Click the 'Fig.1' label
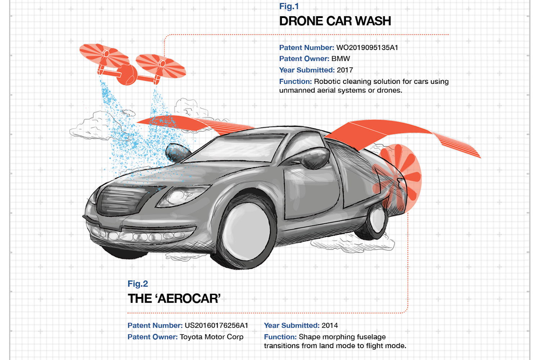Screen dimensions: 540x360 tap(289, 6)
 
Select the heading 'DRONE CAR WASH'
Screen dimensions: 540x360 tap(335, 21)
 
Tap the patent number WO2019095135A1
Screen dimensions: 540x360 tap(367, 48)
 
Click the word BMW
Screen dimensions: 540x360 tap(341, 59)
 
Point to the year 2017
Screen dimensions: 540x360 tap(345, 70)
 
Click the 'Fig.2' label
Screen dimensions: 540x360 tap(138, 284)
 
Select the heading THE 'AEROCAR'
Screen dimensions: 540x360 tap(174, 299)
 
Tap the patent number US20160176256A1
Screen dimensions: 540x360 tap(216, 325)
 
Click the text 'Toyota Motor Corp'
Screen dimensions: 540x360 tap(211, 337)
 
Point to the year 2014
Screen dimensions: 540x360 tap(329, 325)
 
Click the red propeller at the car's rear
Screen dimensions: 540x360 tap(397, 179)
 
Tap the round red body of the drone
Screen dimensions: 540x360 tap(127, 75)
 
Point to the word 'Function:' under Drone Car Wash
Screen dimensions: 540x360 tap(295, 81)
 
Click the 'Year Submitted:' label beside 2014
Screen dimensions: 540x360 tap(292, 325)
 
